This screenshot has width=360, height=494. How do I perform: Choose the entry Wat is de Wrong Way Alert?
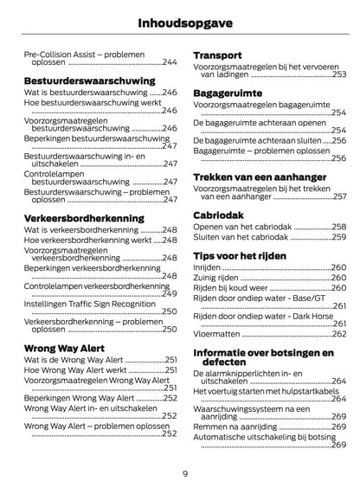click(x=74, y=359)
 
